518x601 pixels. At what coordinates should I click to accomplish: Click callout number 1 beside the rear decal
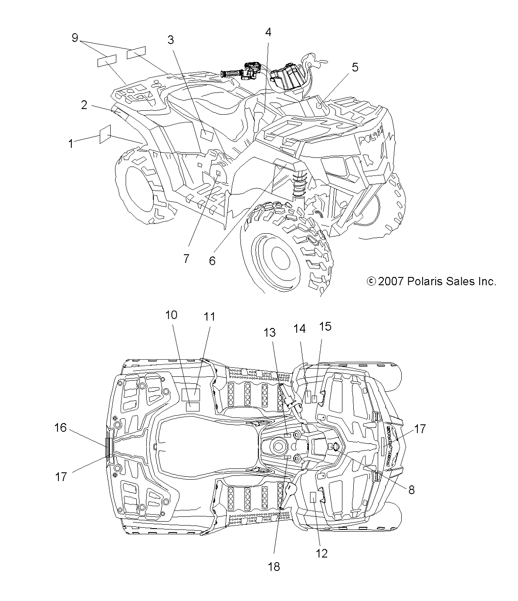pyautogui.click(x=71, y=143)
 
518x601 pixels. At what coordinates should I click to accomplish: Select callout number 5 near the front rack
pyautogui.click(x=355, y=67)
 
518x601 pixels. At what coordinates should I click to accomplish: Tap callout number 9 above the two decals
pyautogui.click(x=75, y=38)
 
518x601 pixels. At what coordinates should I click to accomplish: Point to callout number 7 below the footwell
pyautogui.click(x=186, y=258)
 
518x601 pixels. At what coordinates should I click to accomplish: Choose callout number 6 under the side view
pyautogui.click(x=212, y=260)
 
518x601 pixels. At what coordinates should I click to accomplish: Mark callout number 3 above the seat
pyautogui.click(x=170, y=40)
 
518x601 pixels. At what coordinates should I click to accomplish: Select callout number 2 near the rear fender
pyautogui.click(x=84, y=105)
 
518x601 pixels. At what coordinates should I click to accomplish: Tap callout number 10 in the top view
pyautogui.click(x=171, y=314)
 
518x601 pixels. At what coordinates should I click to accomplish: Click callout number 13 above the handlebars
pyautogui.click(x=270, y=332)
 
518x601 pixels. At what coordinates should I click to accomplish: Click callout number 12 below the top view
pyautogui.click(x=322, y=553)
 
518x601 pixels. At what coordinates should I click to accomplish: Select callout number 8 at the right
pyautogui.click(x=411, y=489)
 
